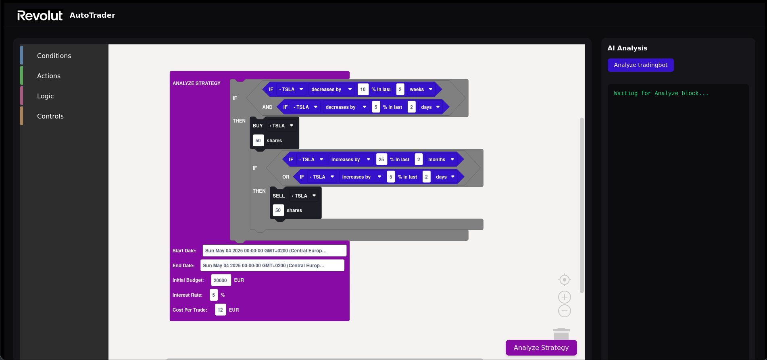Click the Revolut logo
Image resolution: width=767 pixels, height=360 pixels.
[x=40, y=15]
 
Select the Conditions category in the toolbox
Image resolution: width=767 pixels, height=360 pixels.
[x=54, y=56]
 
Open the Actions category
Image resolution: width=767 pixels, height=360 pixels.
[x=49, y=76]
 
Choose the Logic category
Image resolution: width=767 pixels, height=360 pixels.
[x=45, y=96]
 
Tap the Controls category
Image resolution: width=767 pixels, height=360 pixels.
[x=50, y=116]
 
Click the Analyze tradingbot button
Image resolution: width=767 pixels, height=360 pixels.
[x=640, y=65]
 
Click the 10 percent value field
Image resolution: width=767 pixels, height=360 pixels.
[x=363, y=89]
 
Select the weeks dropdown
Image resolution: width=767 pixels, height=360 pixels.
[x=421, y=89]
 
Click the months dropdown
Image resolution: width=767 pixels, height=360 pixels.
[x=441, y=160]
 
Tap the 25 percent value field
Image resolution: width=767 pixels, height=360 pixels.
[x=381, y=160]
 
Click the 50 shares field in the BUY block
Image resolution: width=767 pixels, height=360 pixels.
[x=258, y=141]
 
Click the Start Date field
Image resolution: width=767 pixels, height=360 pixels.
[x=274, y=251]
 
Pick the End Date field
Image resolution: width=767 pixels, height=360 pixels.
[x=272, y=266]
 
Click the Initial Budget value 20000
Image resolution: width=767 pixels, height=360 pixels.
[x=220, y=281]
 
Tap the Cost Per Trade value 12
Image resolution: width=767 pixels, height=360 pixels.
[x=220, y=310]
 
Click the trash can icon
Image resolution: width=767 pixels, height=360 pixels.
[x=561, y=334]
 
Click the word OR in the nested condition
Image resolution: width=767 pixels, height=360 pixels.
[x=286, y=177]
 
